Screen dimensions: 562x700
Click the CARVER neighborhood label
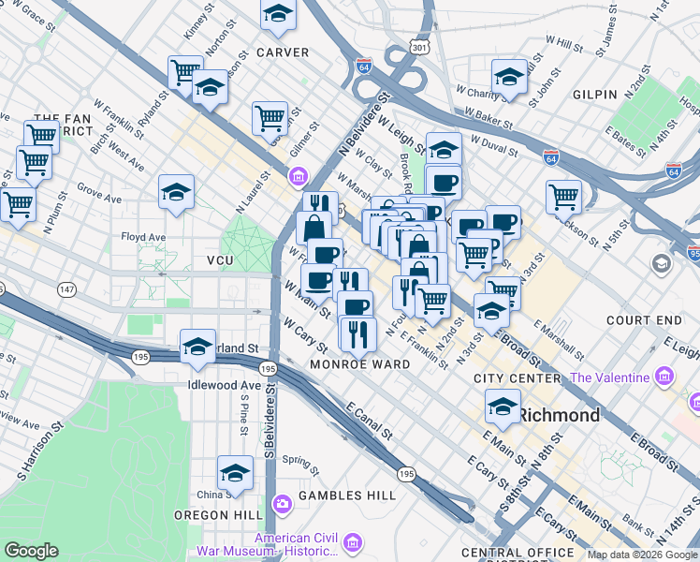click(283, 52)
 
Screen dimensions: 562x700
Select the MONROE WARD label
click(359, 364)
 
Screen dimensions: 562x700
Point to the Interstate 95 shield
click(693, 252)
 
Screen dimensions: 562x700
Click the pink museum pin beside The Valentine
click(665, 377)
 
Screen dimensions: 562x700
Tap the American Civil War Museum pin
click(353, 543)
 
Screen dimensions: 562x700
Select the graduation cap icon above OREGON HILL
click(236, 473)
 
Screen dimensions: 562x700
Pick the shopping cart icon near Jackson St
click(564, 197)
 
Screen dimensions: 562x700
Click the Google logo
click(32, 551)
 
